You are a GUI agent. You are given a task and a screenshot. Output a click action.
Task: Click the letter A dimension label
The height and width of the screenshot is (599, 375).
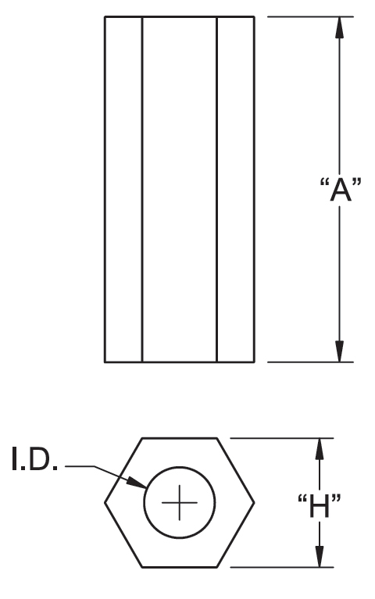340,190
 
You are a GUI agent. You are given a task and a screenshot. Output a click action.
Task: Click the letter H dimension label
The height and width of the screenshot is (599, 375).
320,506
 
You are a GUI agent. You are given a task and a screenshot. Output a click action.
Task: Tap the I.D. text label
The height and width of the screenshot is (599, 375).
34,458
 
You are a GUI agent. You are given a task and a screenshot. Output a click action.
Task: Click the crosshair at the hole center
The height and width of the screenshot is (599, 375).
179,502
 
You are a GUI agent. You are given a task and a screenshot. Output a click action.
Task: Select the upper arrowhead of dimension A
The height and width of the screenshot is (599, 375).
339,27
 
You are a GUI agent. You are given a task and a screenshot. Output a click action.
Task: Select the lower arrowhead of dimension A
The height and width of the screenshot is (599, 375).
339,351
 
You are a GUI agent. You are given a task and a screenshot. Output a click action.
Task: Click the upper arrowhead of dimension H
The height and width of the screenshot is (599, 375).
320,449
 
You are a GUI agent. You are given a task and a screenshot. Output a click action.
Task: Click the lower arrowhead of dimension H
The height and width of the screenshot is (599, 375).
320,556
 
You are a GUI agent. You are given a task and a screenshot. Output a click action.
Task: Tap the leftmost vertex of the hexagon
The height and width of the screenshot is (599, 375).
105,503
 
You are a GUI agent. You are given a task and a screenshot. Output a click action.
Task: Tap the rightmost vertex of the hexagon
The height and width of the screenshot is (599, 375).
254,503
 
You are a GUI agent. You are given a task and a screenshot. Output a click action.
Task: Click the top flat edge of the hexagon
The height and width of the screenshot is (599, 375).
179,438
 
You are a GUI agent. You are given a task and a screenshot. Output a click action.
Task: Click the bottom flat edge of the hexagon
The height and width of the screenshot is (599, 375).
179,567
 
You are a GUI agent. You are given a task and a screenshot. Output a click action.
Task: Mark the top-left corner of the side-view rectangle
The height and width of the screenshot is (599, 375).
105,16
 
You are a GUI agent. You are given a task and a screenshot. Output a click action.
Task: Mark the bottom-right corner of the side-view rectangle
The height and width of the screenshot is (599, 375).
254,362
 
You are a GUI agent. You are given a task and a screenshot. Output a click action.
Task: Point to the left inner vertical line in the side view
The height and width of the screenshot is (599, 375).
142,189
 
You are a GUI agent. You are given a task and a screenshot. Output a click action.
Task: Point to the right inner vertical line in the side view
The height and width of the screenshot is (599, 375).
216,189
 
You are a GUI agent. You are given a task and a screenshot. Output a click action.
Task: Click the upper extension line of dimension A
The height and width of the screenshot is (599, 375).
310,16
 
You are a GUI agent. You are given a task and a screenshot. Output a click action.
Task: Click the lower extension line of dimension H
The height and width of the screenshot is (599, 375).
282,567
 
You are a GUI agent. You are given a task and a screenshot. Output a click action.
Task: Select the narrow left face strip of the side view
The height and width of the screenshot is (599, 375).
123,189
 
